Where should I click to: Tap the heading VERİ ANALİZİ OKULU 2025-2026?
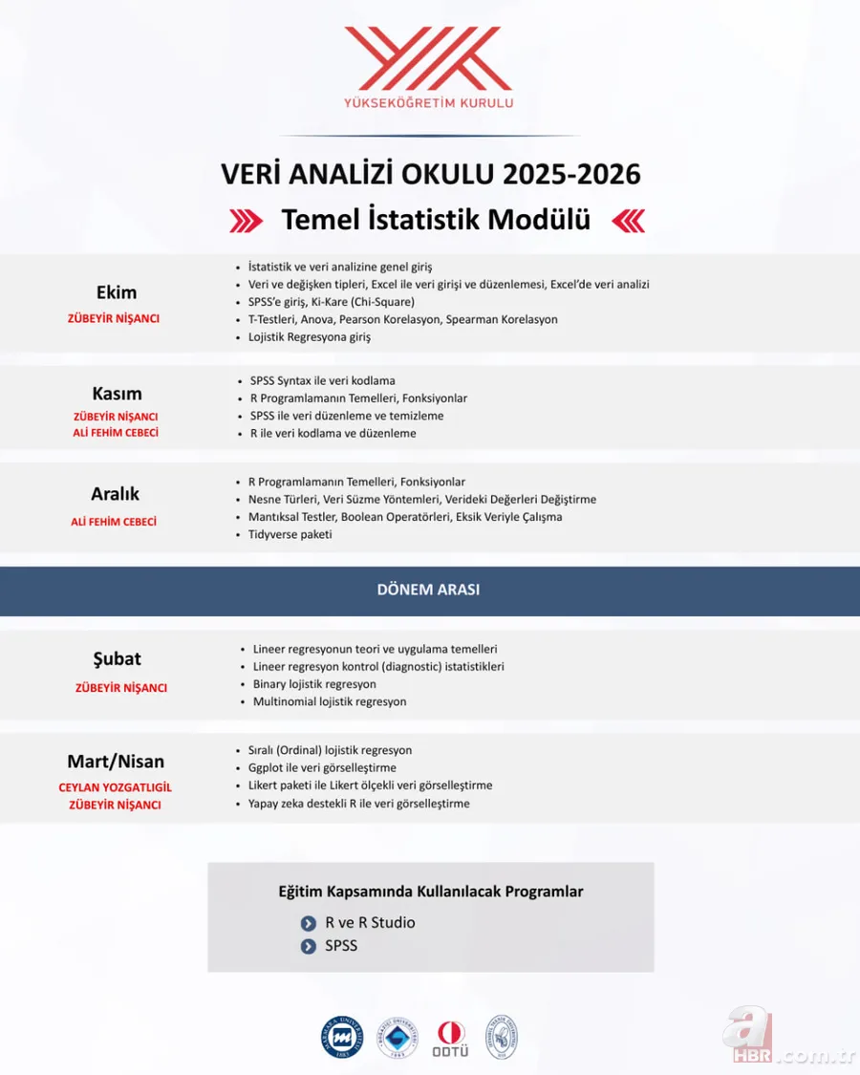click(430, 174)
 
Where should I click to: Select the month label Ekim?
click(117, 292)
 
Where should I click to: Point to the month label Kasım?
click(117, 393)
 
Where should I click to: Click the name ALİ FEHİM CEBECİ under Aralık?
click(114, 522)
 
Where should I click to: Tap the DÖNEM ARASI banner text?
click(428, 590)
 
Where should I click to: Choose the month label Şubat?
click(117, 658)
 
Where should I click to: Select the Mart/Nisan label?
click(116, 762)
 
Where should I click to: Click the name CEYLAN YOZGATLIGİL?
click(116, 787)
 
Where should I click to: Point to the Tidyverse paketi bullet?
click(290, 534)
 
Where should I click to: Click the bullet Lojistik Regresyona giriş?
click(309, 336)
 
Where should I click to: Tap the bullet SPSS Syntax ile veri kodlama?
click(322, 380)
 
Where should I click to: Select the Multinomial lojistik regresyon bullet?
click(330, 701)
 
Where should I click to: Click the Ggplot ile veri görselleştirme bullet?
click(322, 767)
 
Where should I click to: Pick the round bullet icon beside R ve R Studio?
click(308, 923)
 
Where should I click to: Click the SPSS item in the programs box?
click(341, 946)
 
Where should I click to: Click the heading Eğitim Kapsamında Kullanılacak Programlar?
click(430, 892)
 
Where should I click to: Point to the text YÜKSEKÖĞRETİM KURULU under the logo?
click(429, 103)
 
